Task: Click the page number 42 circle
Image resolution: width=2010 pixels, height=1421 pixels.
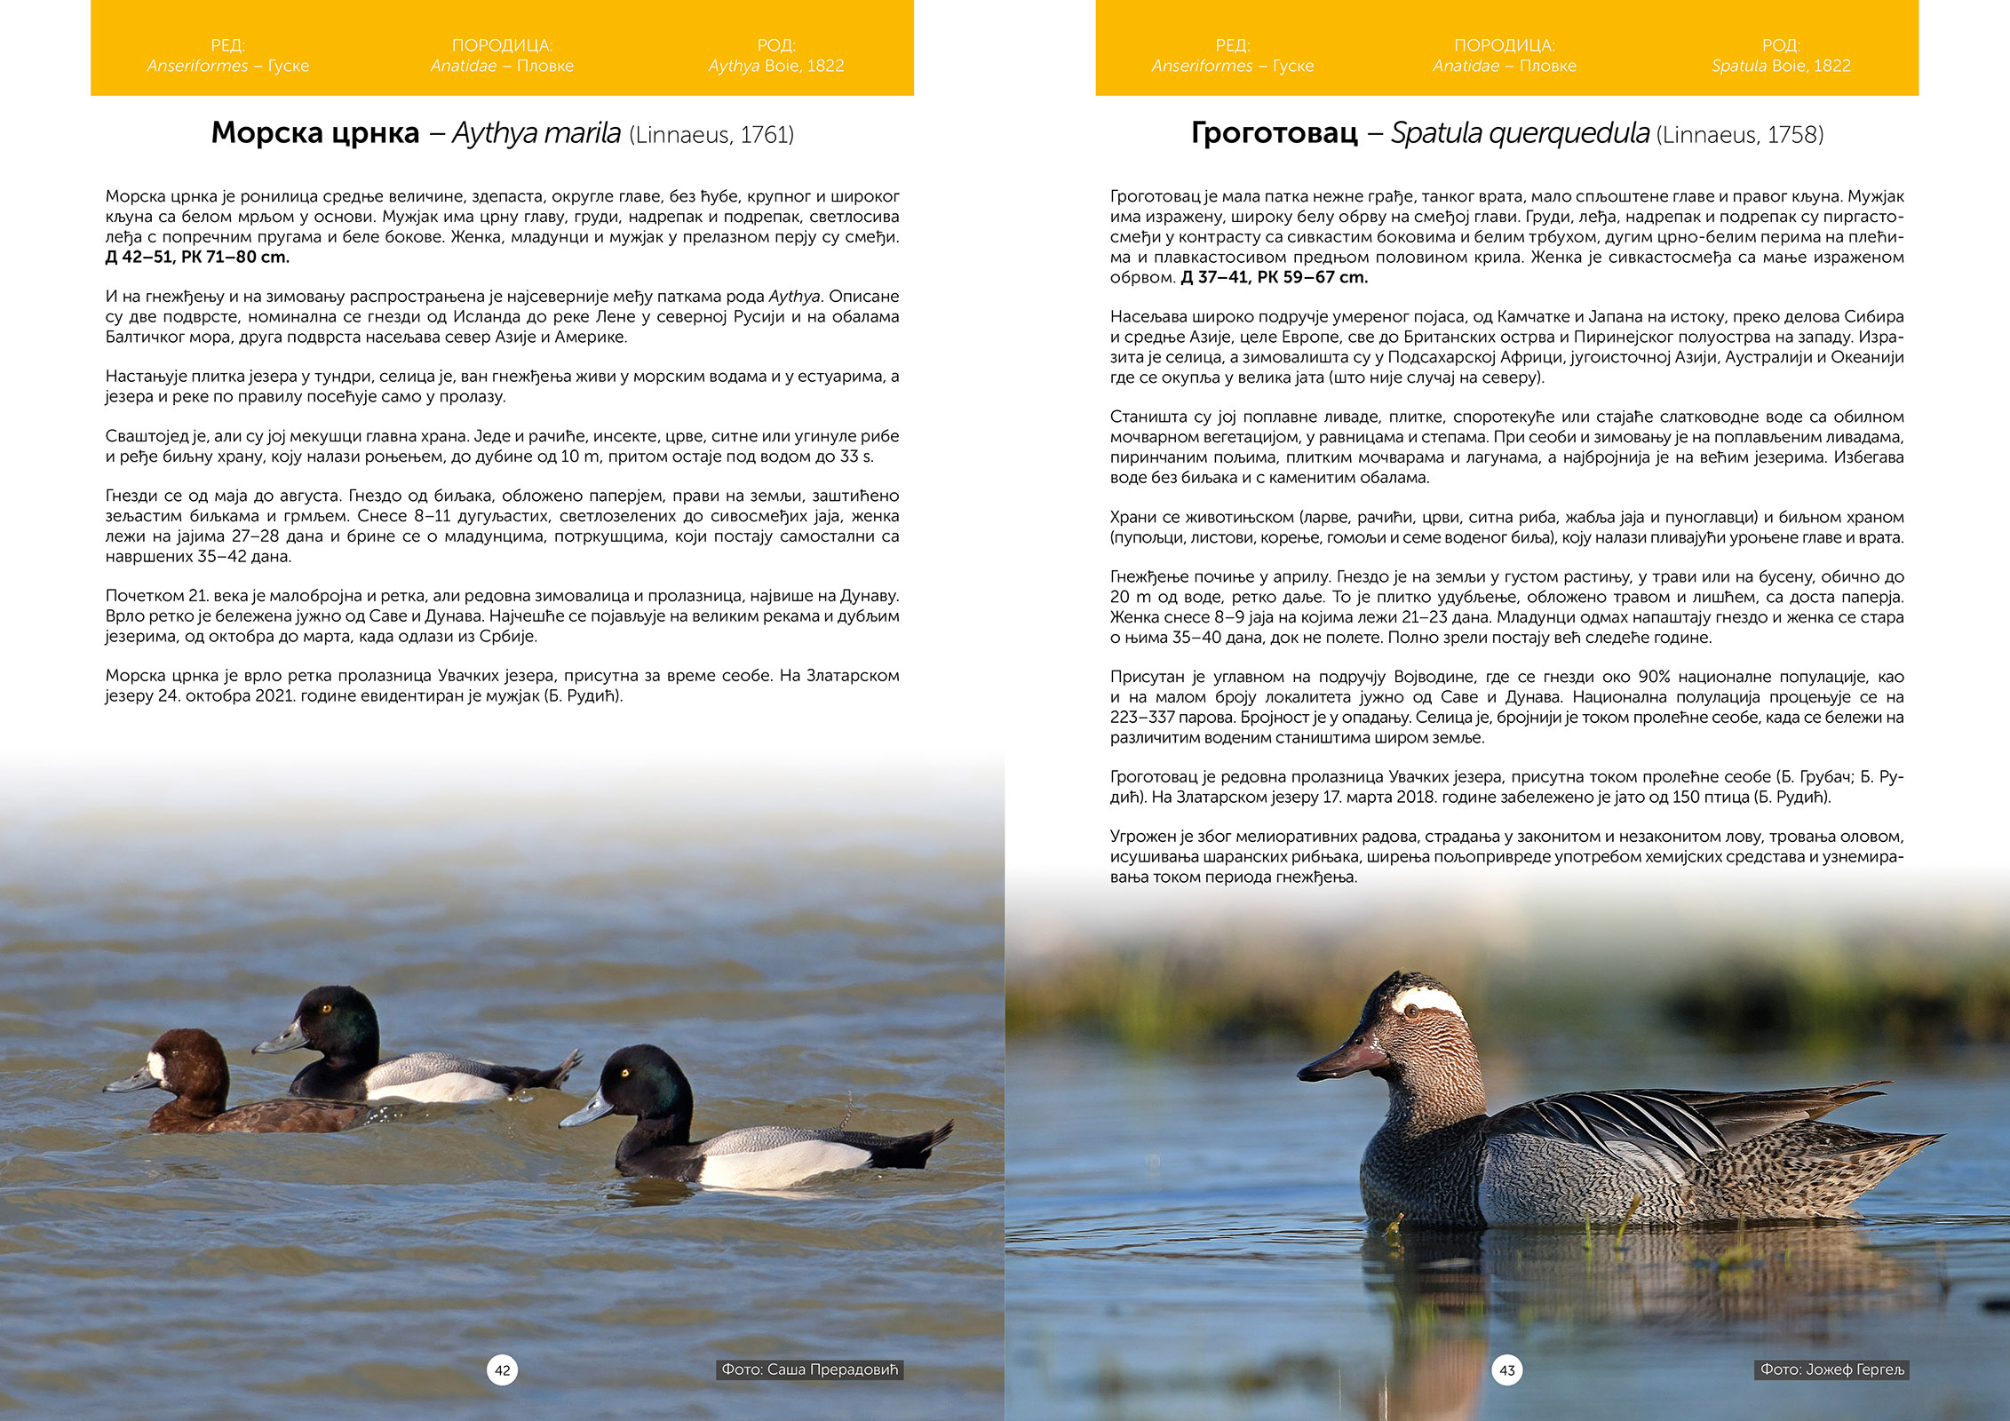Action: coord(503,1369)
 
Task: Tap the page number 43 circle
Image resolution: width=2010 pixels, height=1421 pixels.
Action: coord(1507,1369)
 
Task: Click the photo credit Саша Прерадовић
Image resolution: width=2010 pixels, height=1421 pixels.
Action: coord(809,1369)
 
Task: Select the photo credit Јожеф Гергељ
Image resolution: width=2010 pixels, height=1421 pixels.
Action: coord(1832,1369)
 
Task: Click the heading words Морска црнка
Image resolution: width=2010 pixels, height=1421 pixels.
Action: coord(315,133)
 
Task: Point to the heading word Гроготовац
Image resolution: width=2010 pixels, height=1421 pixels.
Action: coord(1274,133)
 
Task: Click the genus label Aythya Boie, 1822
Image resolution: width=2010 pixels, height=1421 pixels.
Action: coord(775,66)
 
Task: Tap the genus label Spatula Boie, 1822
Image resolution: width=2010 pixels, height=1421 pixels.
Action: coord(1781,66)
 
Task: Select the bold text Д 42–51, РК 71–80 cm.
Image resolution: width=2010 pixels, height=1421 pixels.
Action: coord(197,258)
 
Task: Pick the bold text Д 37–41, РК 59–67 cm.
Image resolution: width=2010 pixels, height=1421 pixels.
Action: coord(1274,277)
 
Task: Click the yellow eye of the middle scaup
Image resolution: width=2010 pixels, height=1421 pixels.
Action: coord(326,1008)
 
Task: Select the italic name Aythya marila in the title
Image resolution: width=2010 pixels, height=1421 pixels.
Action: coord(536,133)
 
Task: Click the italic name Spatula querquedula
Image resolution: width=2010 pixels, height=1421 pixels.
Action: coord(1520,133)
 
